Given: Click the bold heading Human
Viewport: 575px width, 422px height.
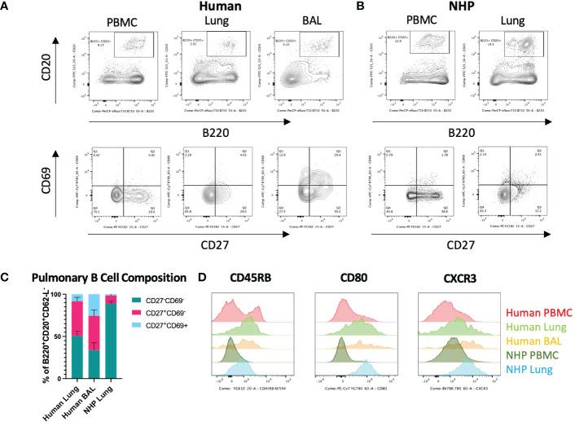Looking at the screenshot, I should pos(215,7).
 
